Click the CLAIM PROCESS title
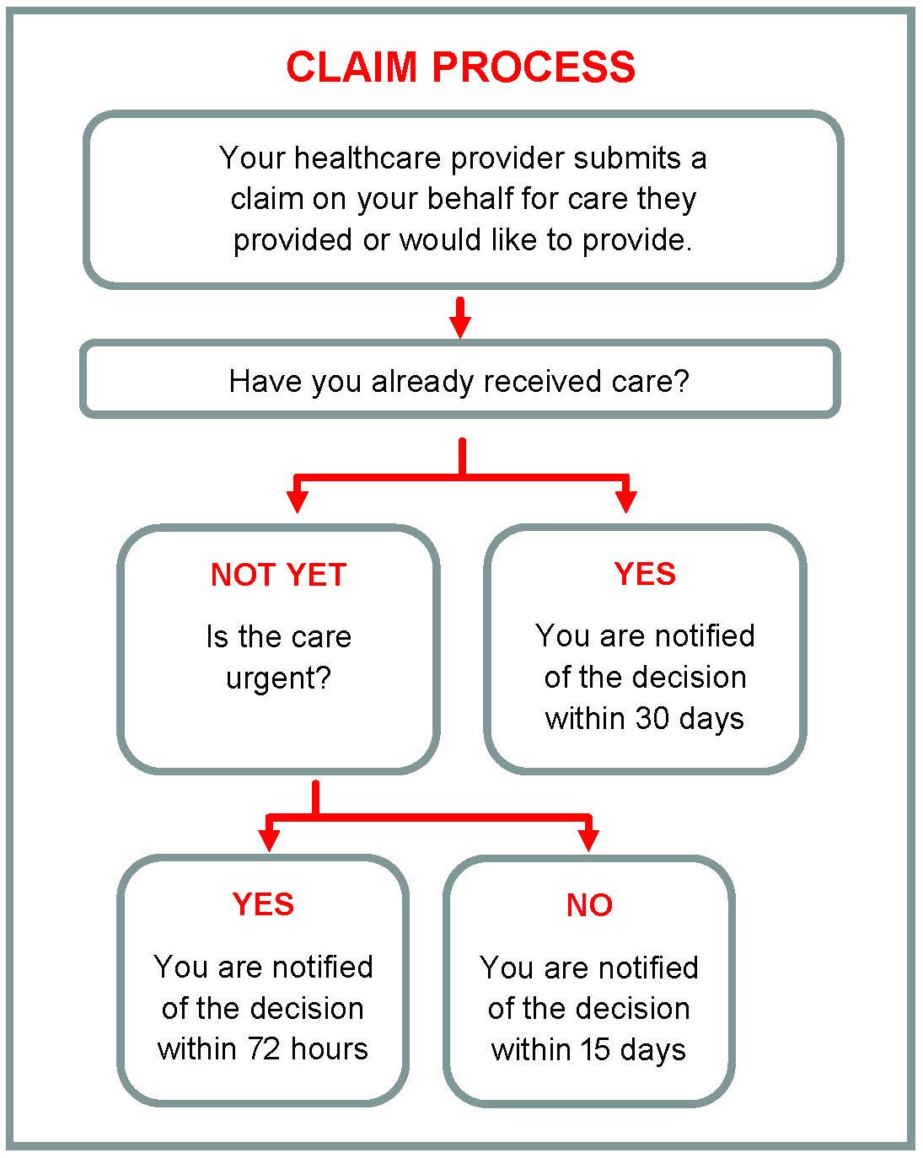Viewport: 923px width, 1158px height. pyautogui.click(x=460, y=67)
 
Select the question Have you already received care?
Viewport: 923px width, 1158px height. pyautogui.click(x=459, y=381)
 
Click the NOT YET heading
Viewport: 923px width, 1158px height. pyautogui.click(x=278, y=575)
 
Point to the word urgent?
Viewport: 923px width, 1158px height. pyautogui.click(x=278, y=678)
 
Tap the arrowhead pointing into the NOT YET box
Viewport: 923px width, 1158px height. pyautogui.click(x=297, y=501)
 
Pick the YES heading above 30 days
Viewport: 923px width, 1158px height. pyautogui.click(x=645, y=574)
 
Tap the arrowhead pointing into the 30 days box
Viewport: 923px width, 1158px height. pyautogui.click(x=625, y=501)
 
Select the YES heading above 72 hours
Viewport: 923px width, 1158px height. pyautogui.click(x=263, y=904)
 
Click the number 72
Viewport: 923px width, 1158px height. pyautogui.click(x=265, y=1049)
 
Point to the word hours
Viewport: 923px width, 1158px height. pyautogui.click(x=330, y=1049)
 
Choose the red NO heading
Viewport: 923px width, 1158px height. pyautogui.click(x=589, y=905)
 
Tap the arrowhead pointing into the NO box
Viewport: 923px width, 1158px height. pyautogui.click(x=589, y=839)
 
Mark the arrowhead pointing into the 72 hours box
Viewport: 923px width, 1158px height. pyautogui.click(x=268, y=839)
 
